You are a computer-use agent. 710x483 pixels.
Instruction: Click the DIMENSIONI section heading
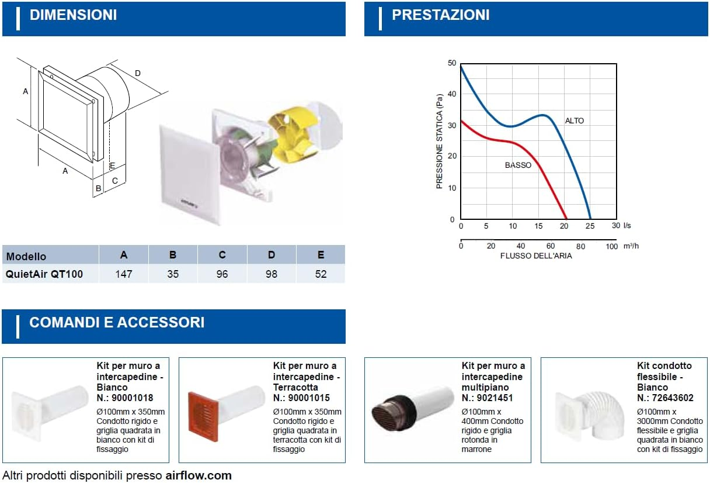pyautogui.click(x=73, y=15)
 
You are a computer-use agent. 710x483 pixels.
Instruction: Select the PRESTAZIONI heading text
pyautogui.click(x=441, y=15)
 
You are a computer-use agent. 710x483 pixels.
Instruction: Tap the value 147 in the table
pyautogui.click(x=124, y=274)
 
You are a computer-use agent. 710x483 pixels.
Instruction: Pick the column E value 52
pyautogui.click(x=321, y=274)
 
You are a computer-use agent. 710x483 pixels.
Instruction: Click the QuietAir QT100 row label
pyautogui.click(x=44, y=274)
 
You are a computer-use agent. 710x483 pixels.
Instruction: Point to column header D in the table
pyautogui.click(x=272, y=254)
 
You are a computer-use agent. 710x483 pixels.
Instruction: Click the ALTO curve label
pyautogui.click(x=575, y=120)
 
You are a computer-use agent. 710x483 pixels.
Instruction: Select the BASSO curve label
pyautogui.click(x=518, y=165)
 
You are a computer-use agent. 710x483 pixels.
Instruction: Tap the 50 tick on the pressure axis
pyautogui.click(x=452, y=63)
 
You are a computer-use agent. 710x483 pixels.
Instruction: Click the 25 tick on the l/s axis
pyautogui.click(x=590, y=226)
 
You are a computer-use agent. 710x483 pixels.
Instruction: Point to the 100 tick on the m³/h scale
pyautogui.click(x=611, y=246)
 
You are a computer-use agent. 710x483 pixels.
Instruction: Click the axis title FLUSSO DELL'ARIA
pyautogui.click(x=536, y=256)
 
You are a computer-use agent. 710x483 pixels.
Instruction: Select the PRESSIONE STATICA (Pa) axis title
pyautogui.click(x=439, y=142)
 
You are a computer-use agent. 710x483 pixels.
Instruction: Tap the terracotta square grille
pyautogui.click(x=203, y=416)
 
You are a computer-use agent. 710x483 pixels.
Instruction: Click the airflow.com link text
pyautogui.click(x=199, y=475)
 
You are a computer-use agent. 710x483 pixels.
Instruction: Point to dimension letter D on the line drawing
pyautogui.click(x=138, y=73)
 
